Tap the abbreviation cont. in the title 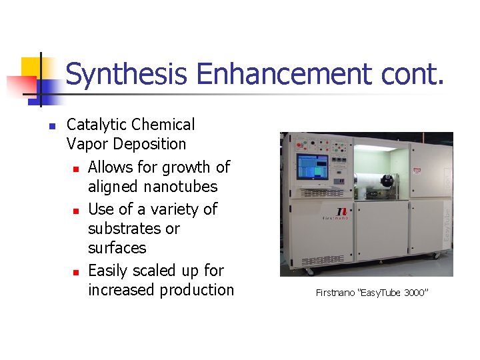click(x=413, y=74)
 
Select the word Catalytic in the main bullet click(x=97, y=125)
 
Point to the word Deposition click(x=149, y=144)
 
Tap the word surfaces click(x=117, y=248)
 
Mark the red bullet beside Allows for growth click(x=77, y=168)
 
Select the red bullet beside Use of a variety click(x=77, y=211)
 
